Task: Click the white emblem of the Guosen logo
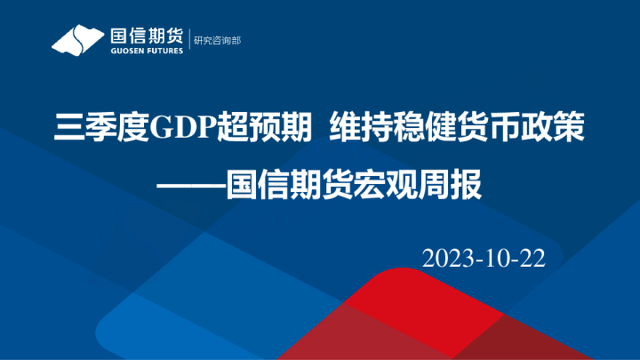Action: (x=78, y=40)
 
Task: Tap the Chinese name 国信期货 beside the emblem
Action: (x=146, y=36)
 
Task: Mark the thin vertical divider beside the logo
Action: (x=189, y=41)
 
